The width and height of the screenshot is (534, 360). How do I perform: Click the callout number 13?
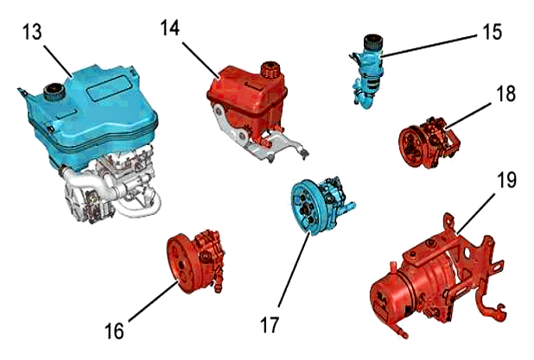point(33,33)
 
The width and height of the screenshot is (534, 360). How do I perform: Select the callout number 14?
point(170,28)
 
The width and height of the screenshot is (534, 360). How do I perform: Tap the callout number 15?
point(492,32)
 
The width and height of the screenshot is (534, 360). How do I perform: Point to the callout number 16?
point(114,331)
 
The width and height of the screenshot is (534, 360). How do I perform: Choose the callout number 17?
point(270,325)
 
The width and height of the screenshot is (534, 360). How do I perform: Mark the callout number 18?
point(505,92)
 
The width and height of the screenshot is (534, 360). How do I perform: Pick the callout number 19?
point(506,180)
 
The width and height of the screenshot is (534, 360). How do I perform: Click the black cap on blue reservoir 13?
point(53,92)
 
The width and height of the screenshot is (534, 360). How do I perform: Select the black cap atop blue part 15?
point(373,42)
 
